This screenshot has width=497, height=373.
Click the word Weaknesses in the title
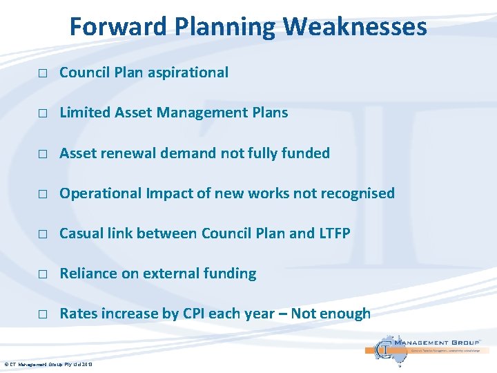(x=355, y=27)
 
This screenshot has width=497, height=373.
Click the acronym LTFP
(x=334, y=233)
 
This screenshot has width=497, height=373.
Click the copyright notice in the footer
(x=48, y=364)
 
